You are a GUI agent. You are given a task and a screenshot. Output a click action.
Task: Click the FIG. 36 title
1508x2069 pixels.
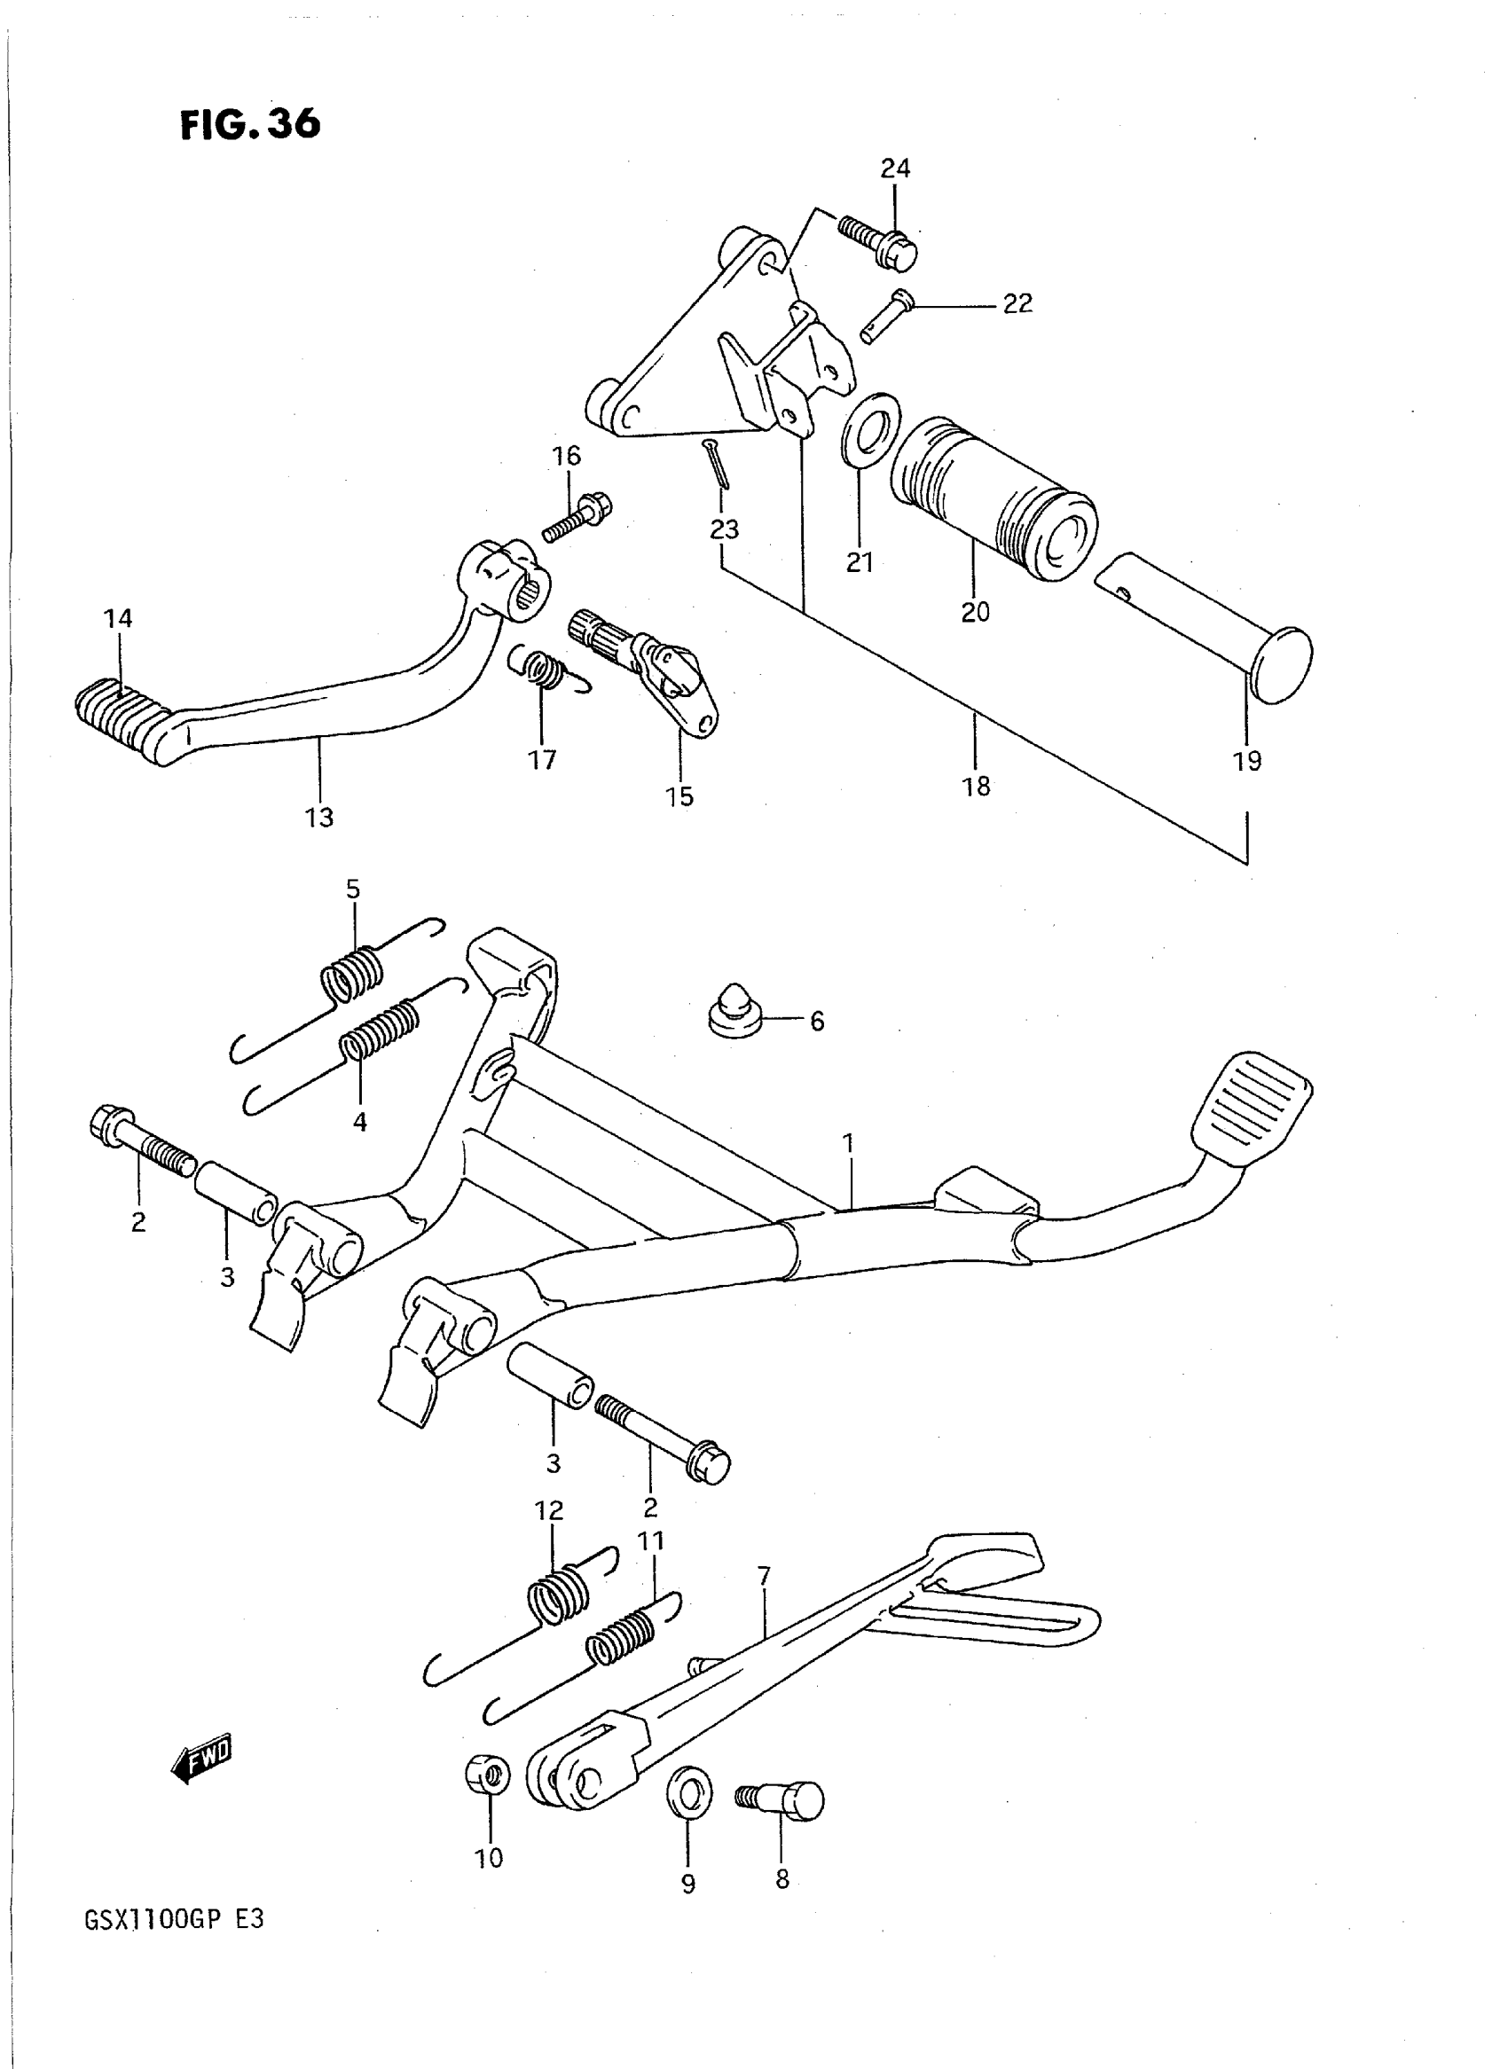[x=249, y=124]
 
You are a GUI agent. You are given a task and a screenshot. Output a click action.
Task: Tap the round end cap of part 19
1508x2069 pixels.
[x=1280, y=663]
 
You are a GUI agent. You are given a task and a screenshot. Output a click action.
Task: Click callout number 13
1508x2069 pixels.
[x=319, y=818]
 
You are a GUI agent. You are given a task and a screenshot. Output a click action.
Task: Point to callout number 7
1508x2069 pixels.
[x=764, y=1575]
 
